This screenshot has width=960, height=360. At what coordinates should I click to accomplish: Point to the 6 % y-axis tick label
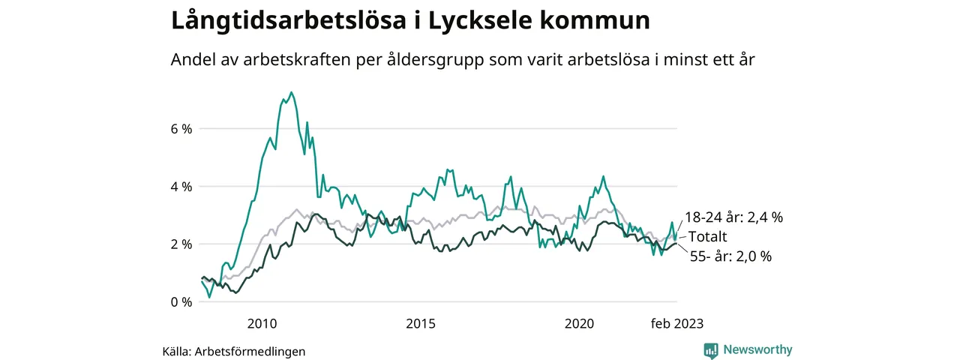pyautogui.click(x=181, y=128)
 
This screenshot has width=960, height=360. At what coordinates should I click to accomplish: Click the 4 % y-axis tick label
pyautogui.click(x=181, y=186)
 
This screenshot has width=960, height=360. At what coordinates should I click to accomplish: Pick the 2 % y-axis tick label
pyautogui.click(x=181, y=244)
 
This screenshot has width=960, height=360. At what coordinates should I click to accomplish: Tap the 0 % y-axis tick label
pyautogui.click(x=181, y=301)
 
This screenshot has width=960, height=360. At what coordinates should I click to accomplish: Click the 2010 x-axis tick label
pyautogui.click(x=262, y=324)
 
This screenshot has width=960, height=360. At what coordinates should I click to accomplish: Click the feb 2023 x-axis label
pyautogui.click(x=676, y=324)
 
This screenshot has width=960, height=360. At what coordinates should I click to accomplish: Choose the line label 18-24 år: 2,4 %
pyautogui.click(x=733, y=217)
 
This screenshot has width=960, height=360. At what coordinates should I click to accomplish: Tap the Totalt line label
pyautogui.click(x=708, y=237)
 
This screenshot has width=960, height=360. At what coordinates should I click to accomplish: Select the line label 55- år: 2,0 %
pyautogui.click(x=730, y=256)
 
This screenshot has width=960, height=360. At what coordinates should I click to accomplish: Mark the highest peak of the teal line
pyautogui.click(x=291, y=92)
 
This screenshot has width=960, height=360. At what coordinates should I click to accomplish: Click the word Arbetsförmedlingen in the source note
pyautogui.click(x=250, y=351)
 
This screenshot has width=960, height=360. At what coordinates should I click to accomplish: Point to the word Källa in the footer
pyautogui.click(x=177, y=351)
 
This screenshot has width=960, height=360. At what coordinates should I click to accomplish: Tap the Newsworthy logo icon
pyautogui.click(x=711, y=350)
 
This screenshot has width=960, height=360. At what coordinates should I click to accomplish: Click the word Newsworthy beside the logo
pyautogui.click(x=757, y=350)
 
